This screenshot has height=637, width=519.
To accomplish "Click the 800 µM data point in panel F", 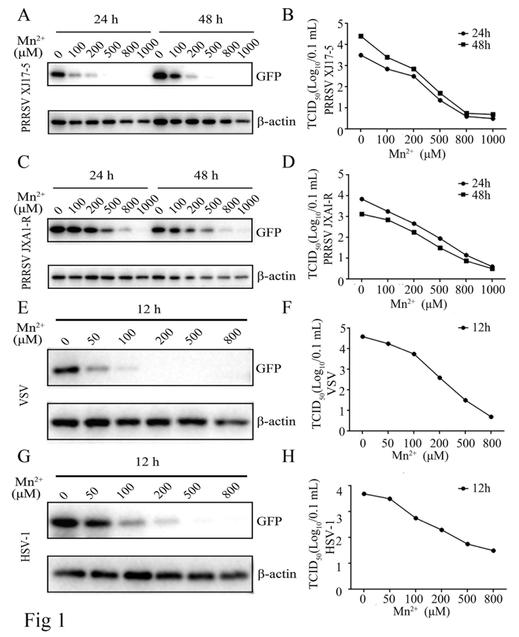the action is [x=491, y=417].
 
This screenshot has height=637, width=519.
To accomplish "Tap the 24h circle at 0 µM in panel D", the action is [x=362, y=199].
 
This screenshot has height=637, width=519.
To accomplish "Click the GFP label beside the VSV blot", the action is [x=268, y=368].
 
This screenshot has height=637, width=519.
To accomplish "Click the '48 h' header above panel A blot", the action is [x=210, y=20].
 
